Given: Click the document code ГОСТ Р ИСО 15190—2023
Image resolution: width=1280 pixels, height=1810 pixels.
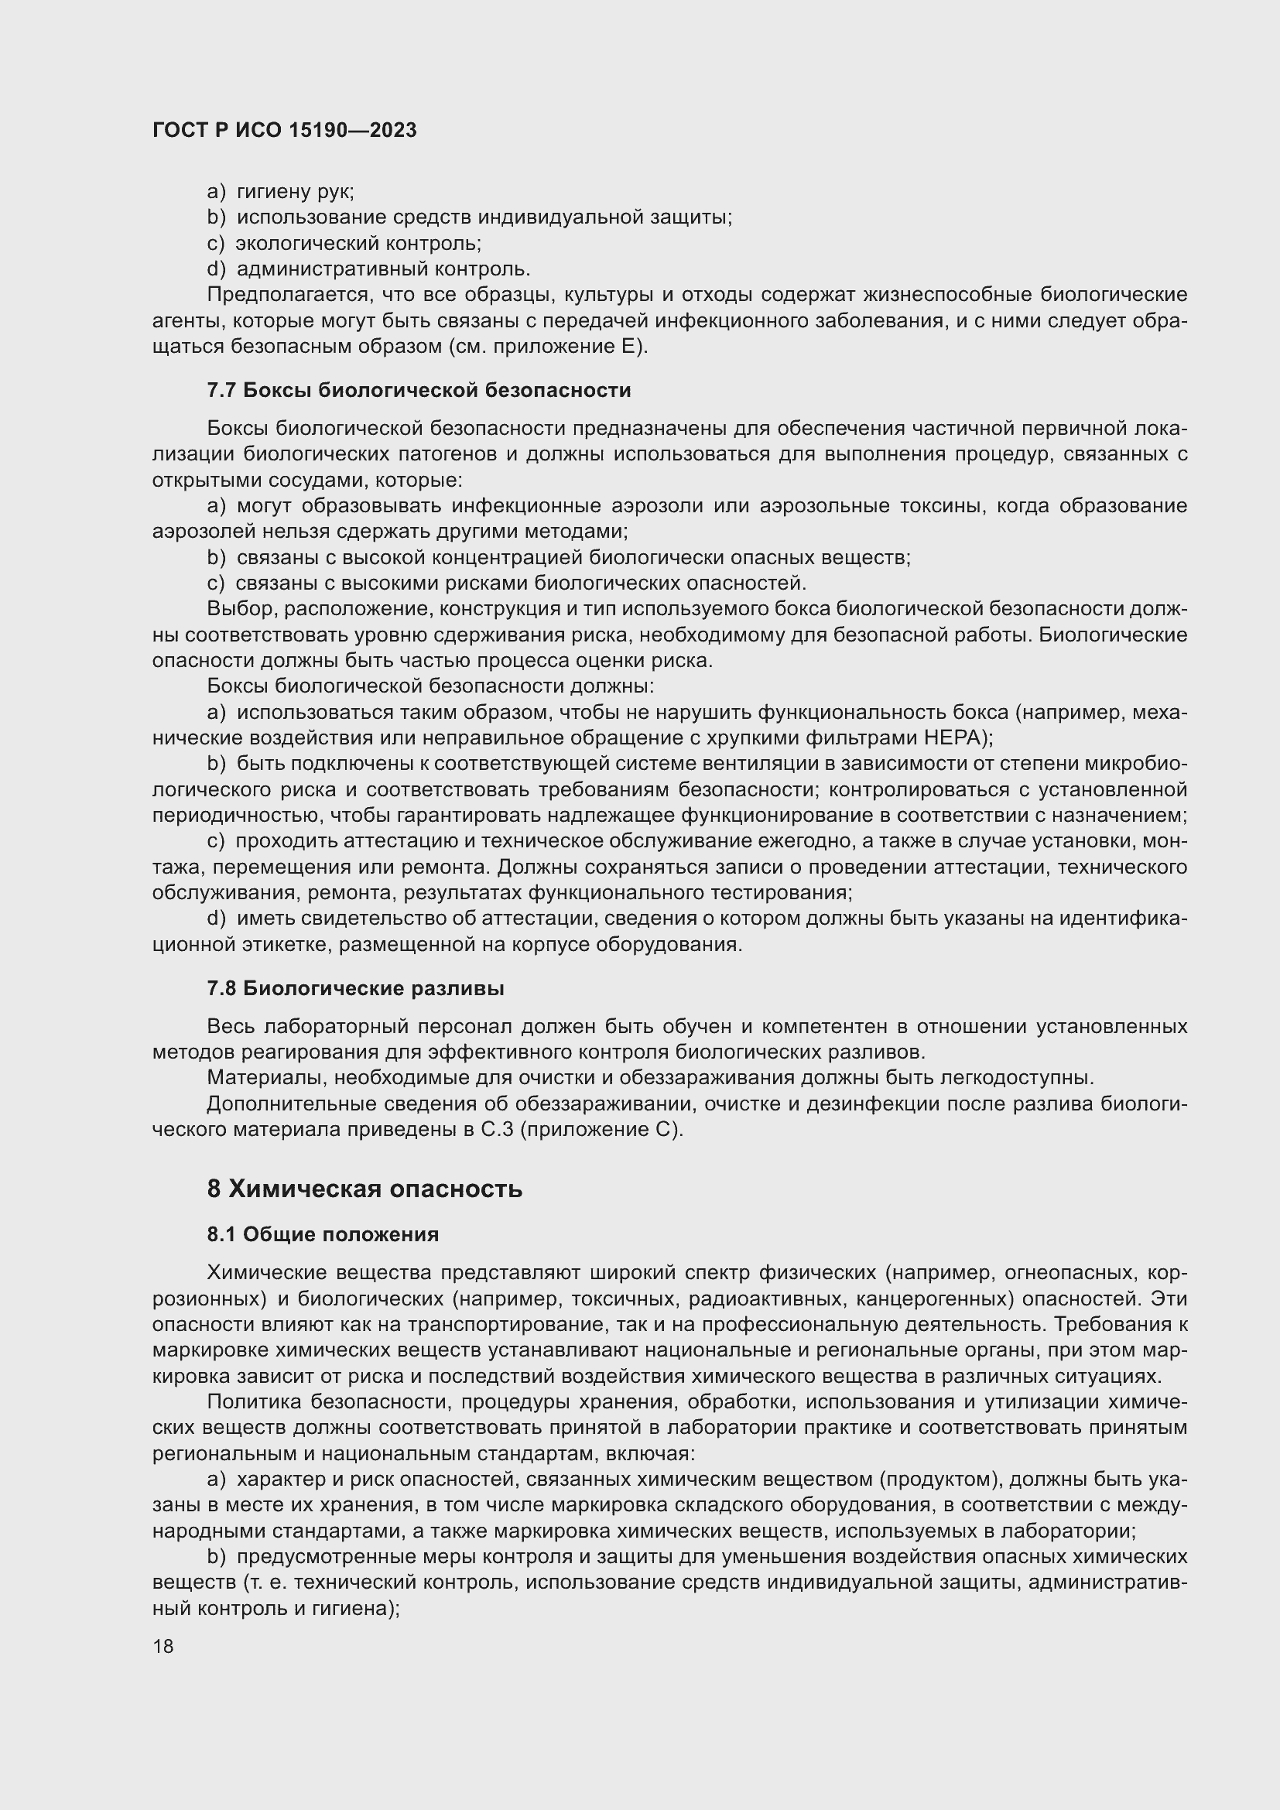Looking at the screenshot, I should (284, 131).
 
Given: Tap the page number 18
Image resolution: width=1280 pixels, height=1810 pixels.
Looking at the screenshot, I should (163, 1646).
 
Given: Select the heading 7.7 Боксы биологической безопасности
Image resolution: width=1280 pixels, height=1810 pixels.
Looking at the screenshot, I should (419, 390).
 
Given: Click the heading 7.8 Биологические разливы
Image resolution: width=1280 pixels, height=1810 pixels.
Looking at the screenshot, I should (355, 988).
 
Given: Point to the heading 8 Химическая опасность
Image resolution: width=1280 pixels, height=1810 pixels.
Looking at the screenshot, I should (364, 1189).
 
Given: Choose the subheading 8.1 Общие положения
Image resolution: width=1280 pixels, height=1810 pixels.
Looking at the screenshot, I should (323, 1234).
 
